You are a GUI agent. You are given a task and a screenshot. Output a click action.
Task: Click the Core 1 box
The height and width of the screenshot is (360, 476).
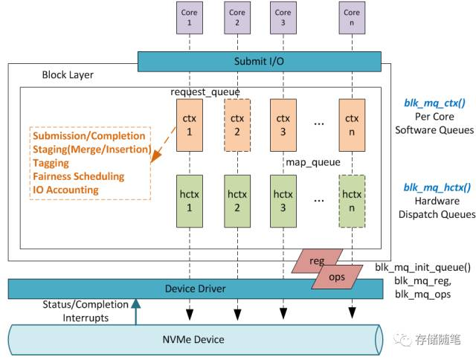tap(188, 17)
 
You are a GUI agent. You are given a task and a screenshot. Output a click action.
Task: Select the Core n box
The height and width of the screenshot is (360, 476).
tap(352, 17)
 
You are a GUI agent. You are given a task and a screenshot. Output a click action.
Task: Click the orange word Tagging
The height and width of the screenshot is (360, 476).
tap(51, 163)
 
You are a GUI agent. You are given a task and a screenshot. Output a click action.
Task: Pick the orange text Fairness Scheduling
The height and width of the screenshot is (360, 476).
tap(79, 176)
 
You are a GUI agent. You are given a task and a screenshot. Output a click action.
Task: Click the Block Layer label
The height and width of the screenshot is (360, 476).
tap(68, 75)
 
